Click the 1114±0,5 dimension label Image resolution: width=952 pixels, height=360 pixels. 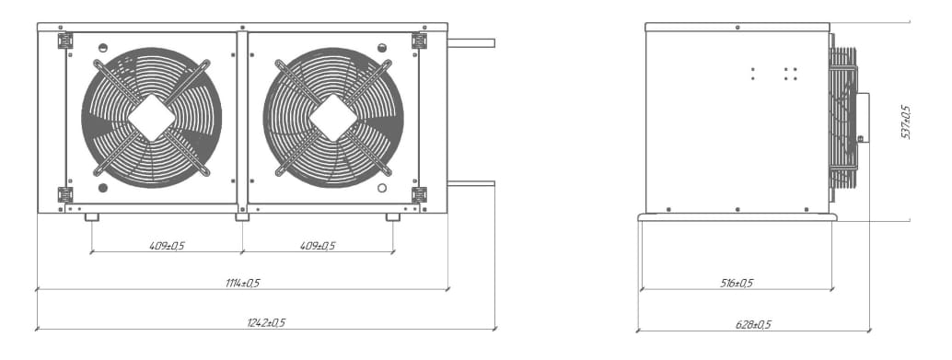(242, 283)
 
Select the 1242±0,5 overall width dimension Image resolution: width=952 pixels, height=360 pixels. (266, 323)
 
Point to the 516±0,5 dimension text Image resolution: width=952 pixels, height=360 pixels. (737, 283)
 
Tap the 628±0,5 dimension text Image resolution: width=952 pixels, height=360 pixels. (753, 325)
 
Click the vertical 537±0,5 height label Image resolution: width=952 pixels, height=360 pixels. (906, 122)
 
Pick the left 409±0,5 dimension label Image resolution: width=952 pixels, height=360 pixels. (167, 246)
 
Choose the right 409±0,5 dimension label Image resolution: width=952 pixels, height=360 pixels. (318, 246)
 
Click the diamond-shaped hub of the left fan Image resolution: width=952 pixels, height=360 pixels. (151, 118)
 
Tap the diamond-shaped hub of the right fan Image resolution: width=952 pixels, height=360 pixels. (332, 118)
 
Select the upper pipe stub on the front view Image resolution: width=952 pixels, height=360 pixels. (471, 43)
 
